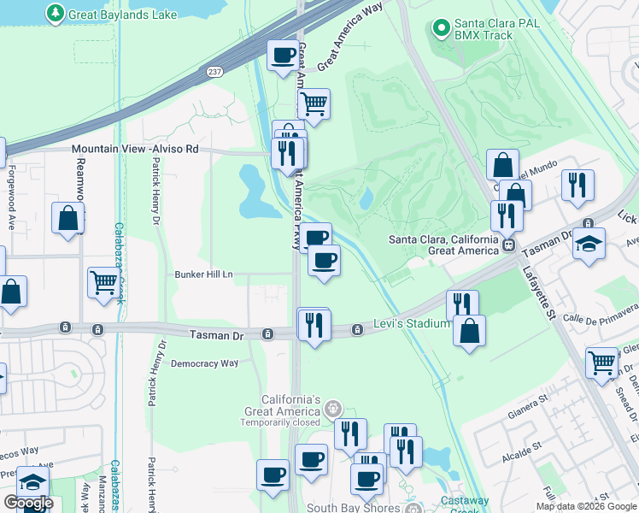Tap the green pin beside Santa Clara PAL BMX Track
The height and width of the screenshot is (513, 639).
coord(442,28)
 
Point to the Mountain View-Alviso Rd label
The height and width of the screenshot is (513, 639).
coord(135,149)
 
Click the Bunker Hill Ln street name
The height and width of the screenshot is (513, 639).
coord(203,274)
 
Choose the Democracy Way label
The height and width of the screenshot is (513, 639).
coord(204,363)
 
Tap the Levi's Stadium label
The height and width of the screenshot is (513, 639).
coord(411,324)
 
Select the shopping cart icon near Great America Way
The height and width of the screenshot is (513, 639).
coord(314,103)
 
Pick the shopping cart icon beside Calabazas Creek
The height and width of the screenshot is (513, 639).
coord(103,281)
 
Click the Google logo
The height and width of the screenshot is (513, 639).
coord(28,503)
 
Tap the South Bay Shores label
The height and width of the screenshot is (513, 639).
coord(355,508)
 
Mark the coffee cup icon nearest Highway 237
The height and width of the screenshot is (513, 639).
coord(284,56)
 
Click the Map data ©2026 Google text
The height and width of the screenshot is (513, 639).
coord(585,506)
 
